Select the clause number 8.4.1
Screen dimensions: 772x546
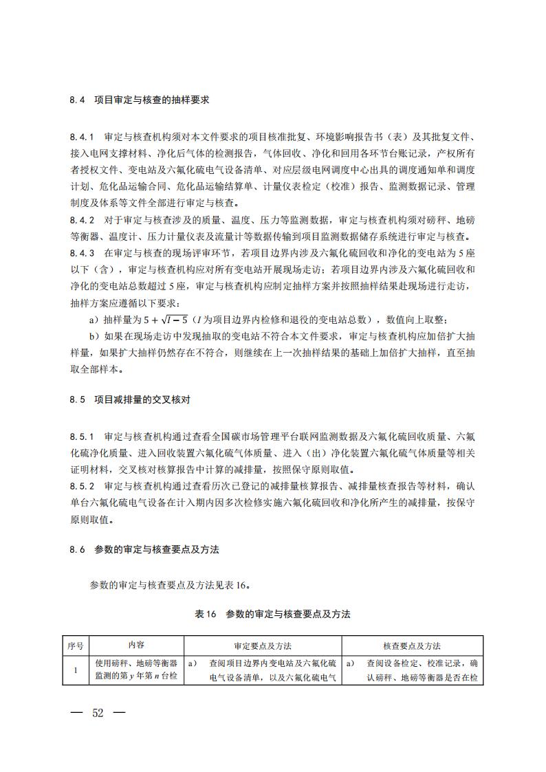point(81,137)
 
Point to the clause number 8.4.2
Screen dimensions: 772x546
point(81,220)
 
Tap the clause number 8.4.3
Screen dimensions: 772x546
point(81,253)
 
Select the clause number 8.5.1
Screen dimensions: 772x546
point(81,437)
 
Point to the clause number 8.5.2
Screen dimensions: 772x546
point(81,487)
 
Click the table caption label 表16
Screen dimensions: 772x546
point(206,614)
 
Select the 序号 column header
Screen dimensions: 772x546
point(76,646)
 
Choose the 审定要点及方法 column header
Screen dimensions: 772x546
point(263,646)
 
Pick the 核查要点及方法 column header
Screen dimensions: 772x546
point(412,646)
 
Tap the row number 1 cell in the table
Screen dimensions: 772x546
point(76,670)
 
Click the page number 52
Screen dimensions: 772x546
point(98,712)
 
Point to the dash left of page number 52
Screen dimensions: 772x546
point(76,712)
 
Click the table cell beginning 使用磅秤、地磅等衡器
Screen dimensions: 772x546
point(136,670)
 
